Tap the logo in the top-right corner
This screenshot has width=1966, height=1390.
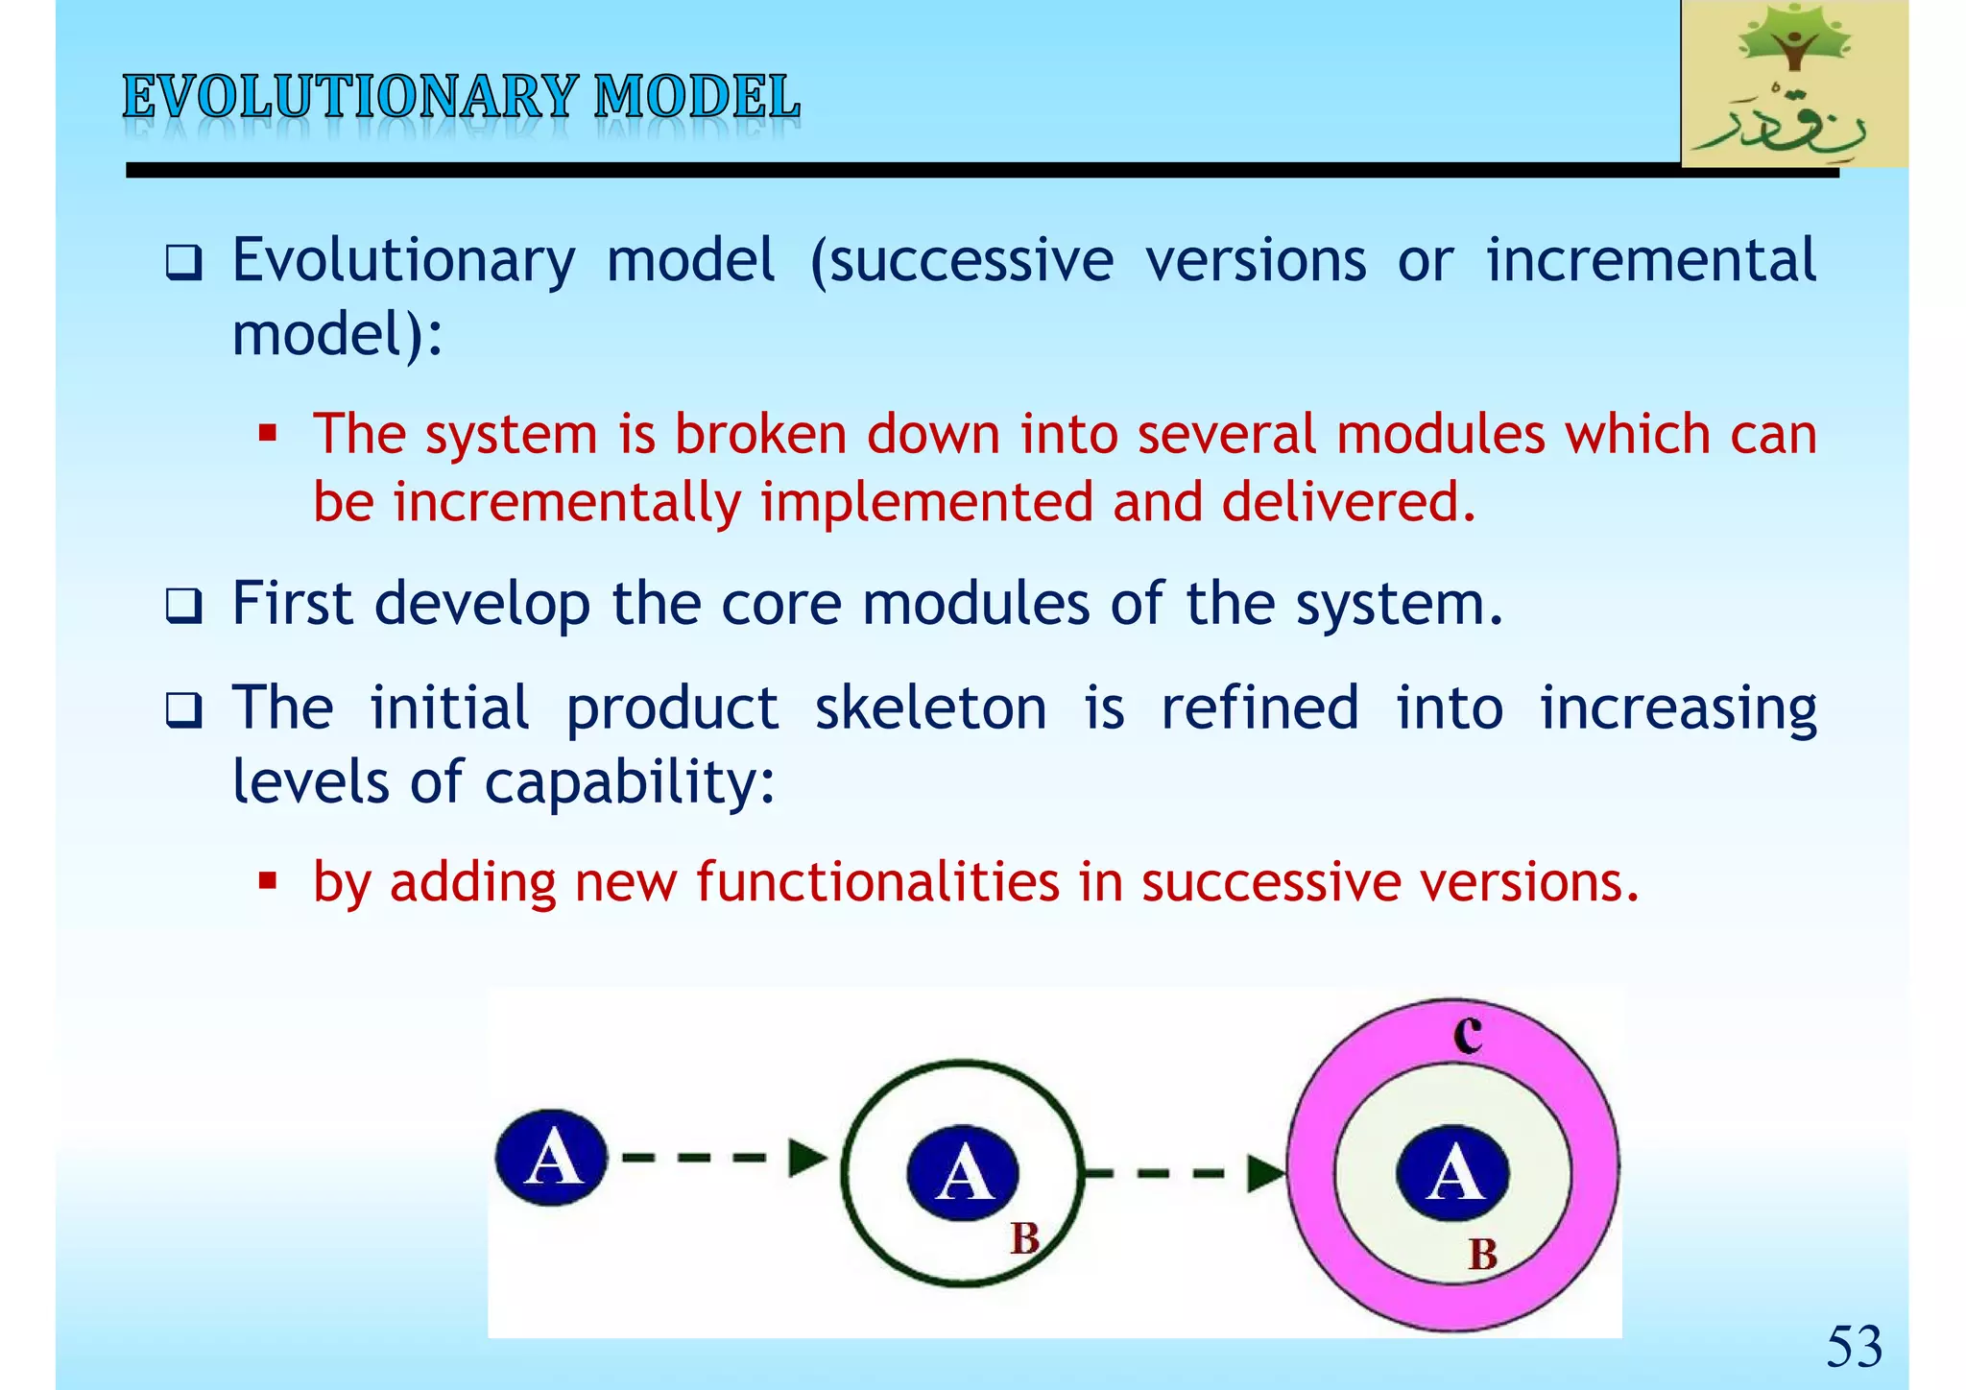[1793, 84]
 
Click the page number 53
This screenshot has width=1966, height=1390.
[1853, 1346]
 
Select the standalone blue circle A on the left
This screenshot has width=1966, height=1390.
[551, 1158]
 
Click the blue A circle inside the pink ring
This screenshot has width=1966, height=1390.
[1452, 1173]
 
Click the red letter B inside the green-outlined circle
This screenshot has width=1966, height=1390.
[1024, 1238]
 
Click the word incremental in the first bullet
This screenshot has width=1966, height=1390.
[1650, 260]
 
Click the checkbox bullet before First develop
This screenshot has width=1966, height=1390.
[183, 607]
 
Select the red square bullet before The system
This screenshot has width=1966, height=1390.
[268, 434]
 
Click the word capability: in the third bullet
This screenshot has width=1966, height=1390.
[629, 781]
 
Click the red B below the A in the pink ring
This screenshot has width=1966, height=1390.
[1482, 1255]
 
